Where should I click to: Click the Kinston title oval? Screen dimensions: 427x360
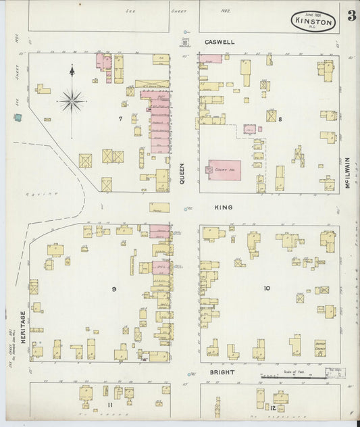click(313, 21)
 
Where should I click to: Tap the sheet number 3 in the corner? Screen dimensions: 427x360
click(351, 16)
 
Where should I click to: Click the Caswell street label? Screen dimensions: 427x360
click(220, 42)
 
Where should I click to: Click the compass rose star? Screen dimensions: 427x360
click(72, 101)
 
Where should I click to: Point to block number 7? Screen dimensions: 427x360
click(121, 119)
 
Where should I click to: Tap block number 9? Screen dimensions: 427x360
click(114, 289)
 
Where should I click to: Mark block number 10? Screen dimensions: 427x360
click(267, 288)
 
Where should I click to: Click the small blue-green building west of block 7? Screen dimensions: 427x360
click(17, 118)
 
